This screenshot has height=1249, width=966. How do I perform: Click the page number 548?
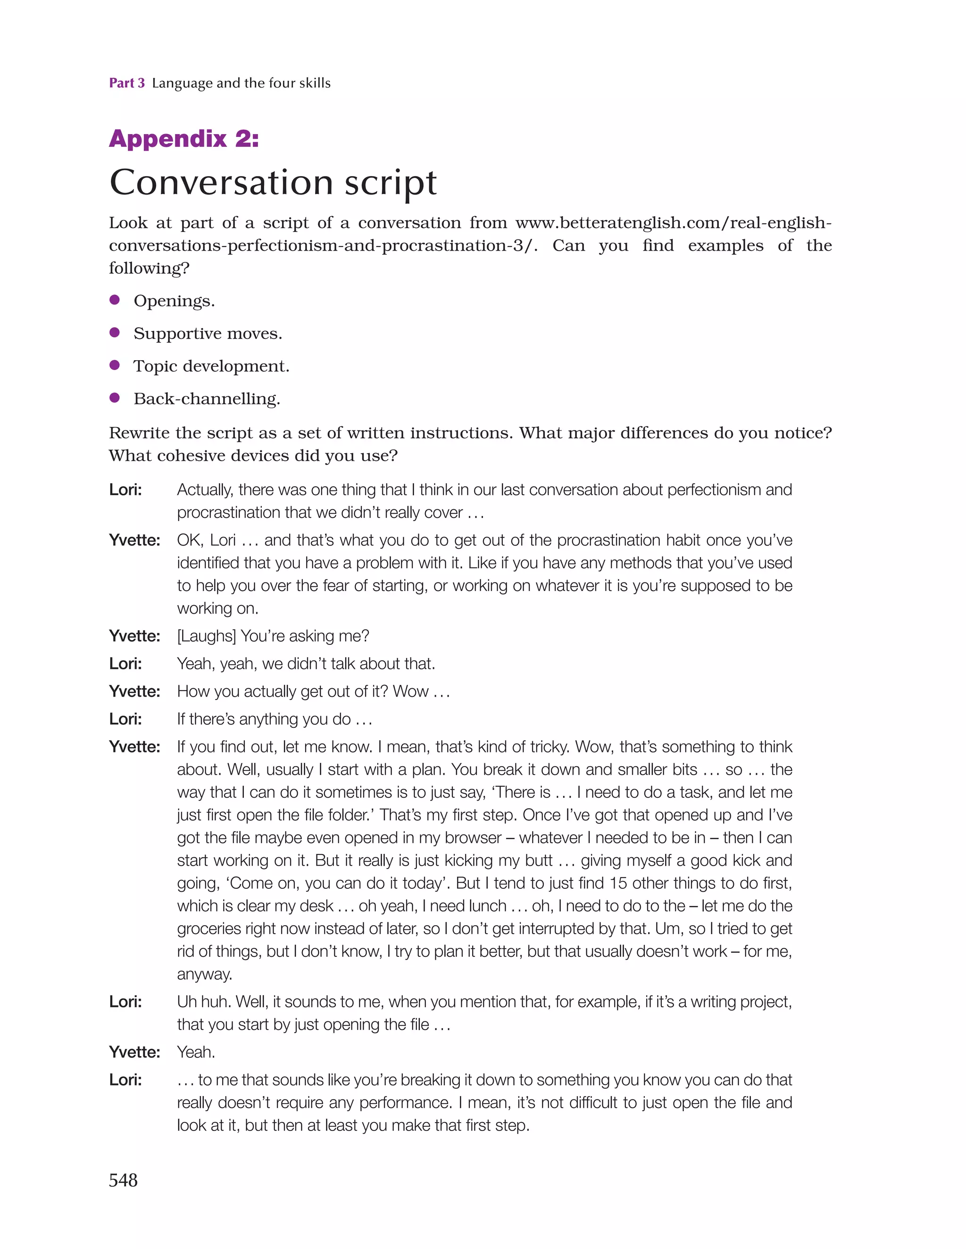tap(123, 1180)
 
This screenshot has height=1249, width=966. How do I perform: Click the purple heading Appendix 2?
tap(183, 139)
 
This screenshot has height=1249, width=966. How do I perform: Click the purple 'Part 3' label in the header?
tap(126, 83)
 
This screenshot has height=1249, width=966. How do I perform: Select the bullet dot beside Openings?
tap(114, 300)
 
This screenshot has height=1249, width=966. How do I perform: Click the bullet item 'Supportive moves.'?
tap(208, 333)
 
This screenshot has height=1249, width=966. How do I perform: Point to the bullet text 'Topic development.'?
tap(211, 366)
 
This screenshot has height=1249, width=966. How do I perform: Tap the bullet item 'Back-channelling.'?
tap(206, 398)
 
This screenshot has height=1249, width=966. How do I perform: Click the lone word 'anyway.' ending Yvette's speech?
tap(204, 974)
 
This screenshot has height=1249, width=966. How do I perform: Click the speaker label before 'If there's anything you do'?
tap(125, 719)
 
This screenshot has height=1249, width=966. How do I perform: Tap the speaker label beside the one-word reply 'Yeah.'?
tap(134, 1052)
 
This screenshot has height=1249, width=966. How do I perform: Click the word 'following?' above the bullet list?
tap(149, 268)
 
